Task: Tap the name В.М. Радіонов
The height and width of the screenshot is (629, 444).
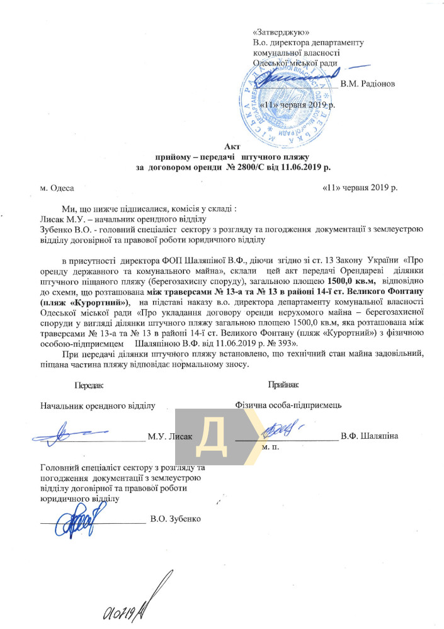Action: [x=368, y=84]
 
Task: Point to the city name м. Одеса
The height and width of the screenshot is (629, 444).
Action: [x=56, y=188]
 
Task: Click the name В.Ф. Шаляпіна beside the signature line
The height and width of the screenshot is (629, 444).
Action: [x=369, y=436]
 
